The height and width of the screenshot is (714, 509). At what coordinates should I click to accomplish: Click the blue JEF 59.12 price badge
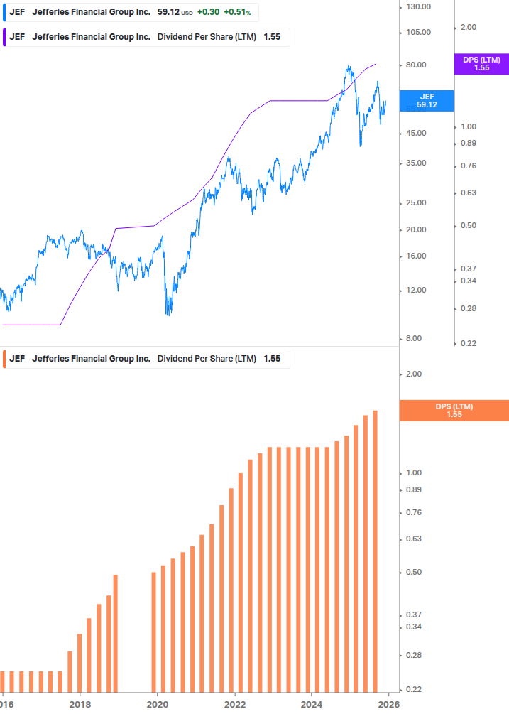tap(427, 100)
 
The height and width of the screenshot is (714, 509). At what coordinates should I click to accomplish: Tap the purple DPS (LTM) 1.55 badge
tap(481, 64)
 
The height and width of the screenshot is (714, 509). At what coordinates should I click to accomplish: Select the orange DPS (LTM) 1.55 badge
tap(454, 410)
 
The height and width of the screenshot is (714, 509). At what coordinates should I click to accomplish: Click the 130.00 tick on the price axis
tap(417, 6)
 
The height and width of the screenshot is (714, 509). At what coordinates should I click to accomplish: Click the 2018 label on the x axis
tap(80, 704)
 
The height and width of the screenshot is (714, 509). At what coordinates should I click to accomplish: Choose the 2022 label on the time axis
tap(234, 704)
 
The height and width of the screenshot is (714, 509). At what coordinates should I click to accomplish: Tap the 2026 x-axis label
tap(388, 704)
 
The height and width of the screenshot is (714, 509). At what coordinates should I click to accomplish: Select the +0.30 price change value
tap(208, 12)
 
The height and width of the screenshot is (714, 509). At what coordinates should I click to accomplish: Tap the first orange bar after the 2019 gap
tap(154, 631)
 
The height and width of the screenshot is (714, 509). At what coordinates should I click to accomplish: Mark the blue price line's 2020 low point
tap(168, 314)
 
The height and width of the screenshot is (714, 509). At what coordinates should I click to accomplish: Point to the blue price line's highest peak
tap(349, 67)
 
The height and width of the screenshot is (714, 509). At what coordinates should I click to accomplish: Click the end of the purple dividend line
tap(376, 64)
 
